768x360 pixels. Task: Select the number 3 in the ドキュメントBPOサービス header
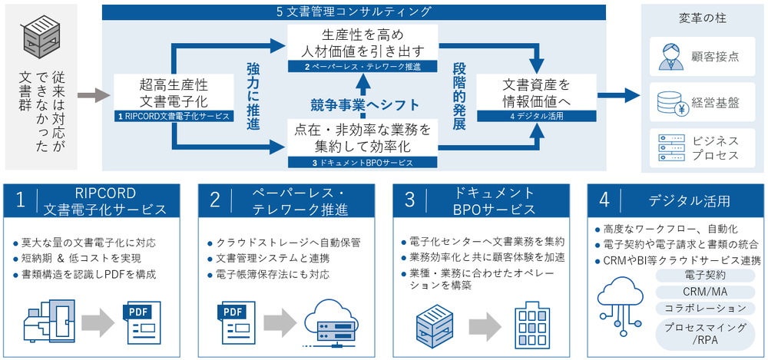(409, 200)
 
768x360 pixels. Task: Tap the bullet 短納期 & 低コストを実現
(80, 258)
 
